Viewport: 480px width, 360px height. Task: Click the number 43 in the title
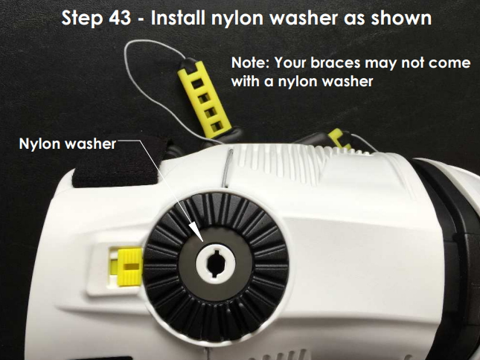click(120, 18)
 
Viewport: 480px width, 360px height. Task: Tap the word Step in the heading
click(82, 19)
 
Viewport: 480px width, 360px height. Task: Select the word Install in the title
click(178, 18)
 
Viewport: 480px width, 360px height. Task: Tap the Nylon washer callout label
click(68, 144)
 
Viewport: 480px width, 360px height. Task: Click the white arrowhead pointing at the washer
click(196, 231)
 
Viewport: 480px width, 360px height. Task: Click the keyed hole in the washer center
click(216, 263)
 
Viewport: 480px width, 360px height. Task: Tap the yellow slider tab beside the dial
click(129, 267)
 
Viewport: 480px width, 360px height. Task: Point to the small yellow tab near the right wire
click(339, 138)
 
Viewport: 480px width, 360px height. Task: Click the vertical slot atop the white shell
click(227, 168)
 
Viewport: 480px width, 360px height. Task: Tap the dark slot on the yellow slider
click(132, 266)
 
